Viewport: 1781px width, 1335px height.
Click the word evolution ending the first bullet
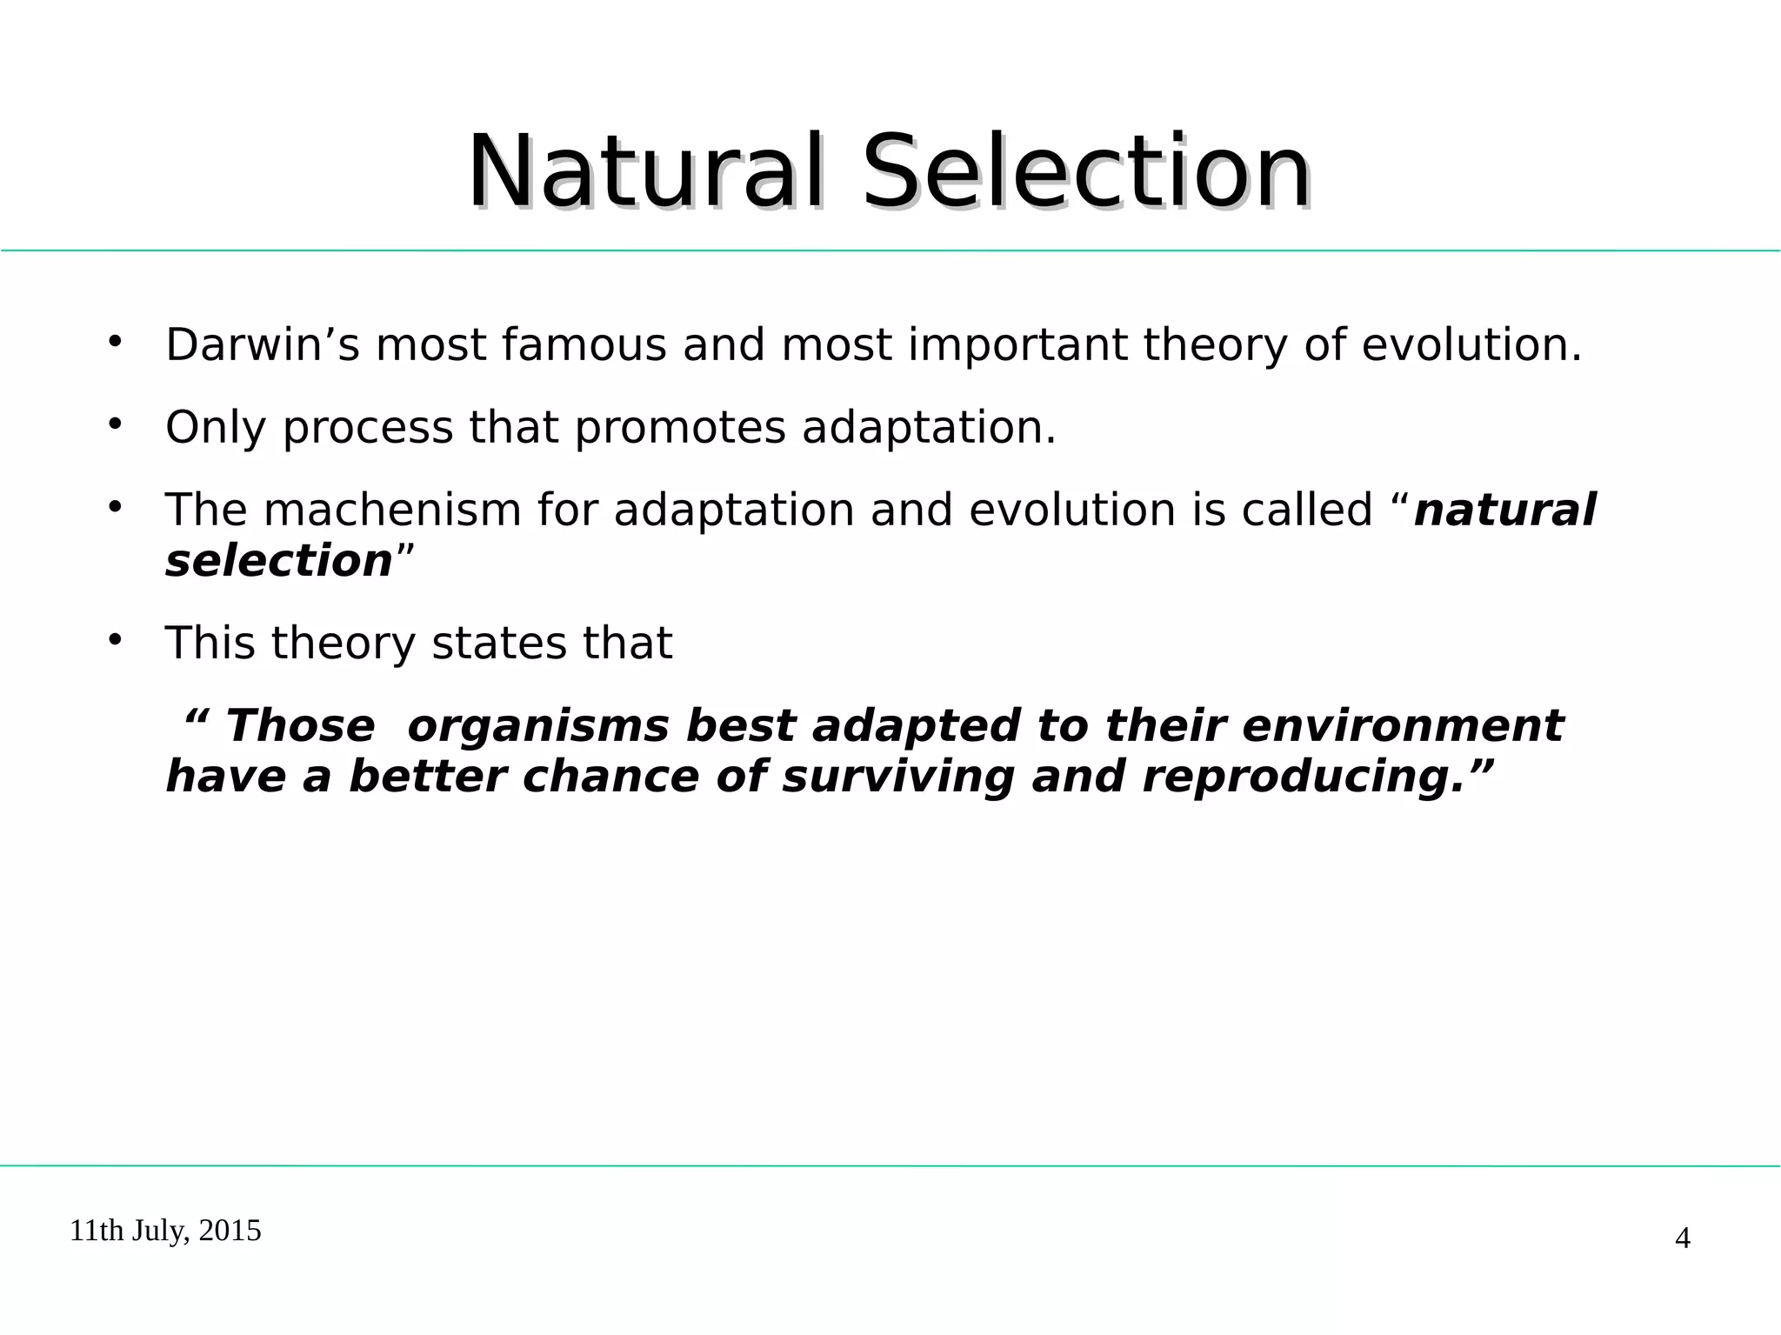pos(1470,344)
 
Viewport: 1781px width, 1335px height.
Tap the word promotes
pos(680,428)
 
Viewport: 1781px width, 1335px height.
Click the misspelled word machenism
pos(392,510)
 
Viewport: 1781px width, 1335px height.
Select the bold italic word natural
pos(1504,510)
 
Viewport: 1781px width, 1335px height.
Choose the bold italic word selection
pos(279,561)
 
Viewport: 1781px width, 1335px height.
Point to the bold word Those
pos(300,726)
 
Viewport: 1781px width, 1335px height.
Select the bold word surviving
pos(897,778)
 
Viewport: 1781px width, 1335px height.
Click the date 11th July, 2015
pos(165,1231)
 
